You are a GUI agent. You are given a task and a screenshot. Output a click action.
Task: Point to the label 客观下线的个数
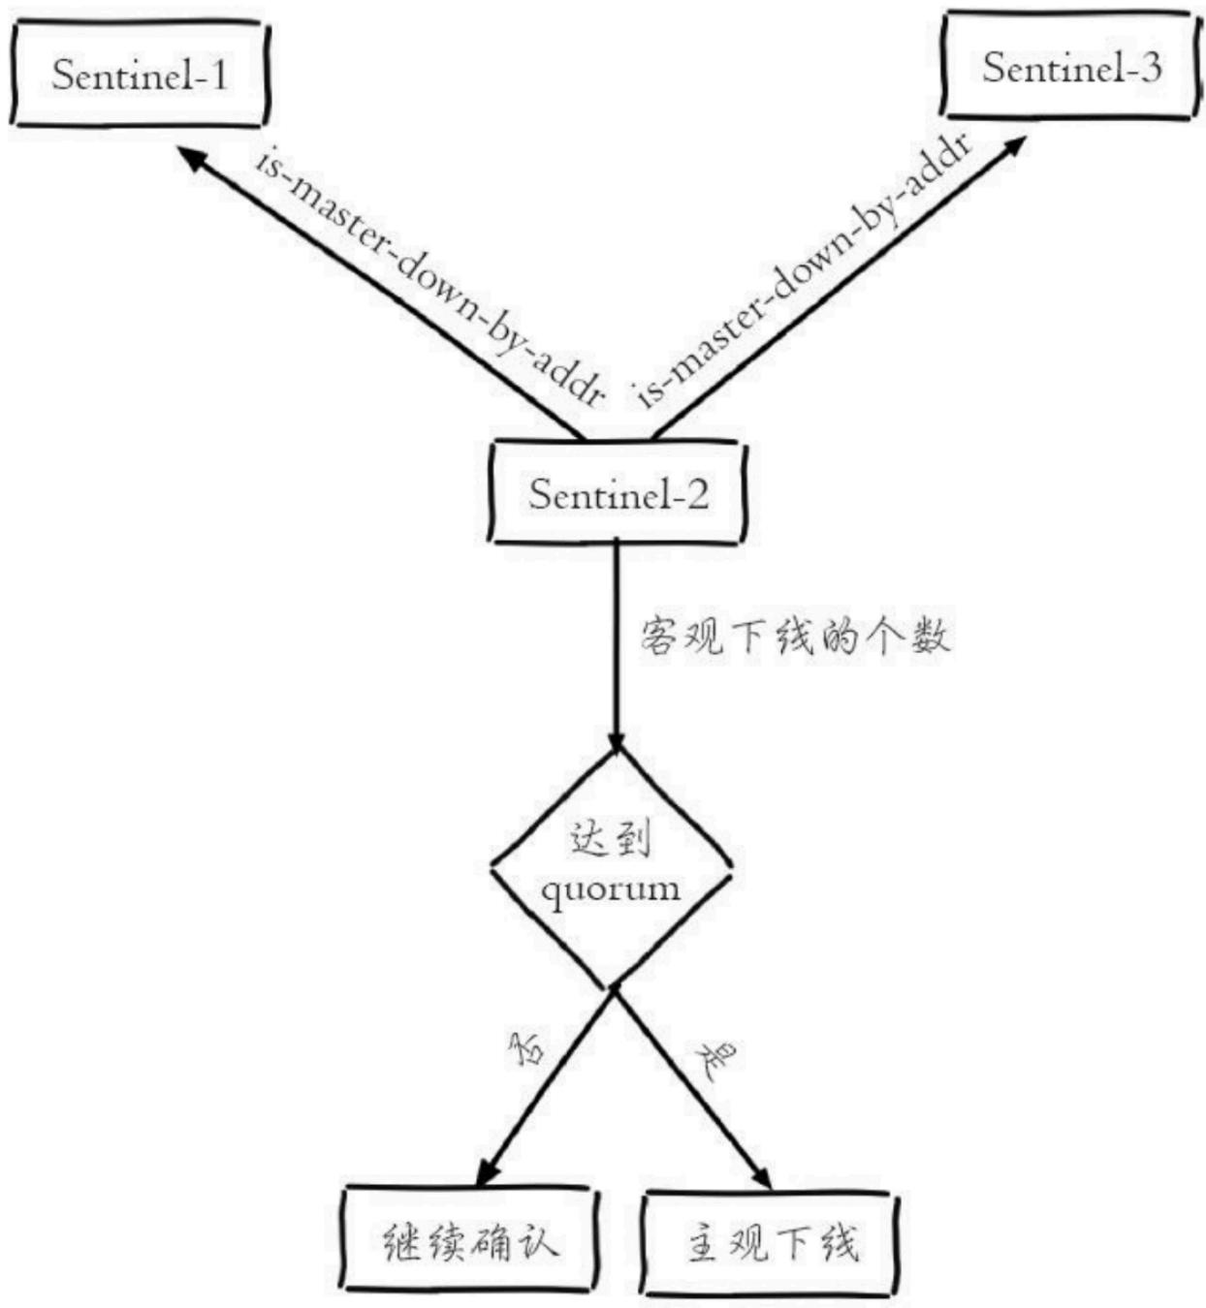click(795, 637)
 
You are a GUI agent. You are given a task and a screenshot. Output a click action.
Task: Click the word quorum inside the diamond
click(611, 889)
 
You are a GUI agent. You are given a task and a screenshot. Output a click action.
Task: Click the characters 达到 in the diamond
click(610, 840)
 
